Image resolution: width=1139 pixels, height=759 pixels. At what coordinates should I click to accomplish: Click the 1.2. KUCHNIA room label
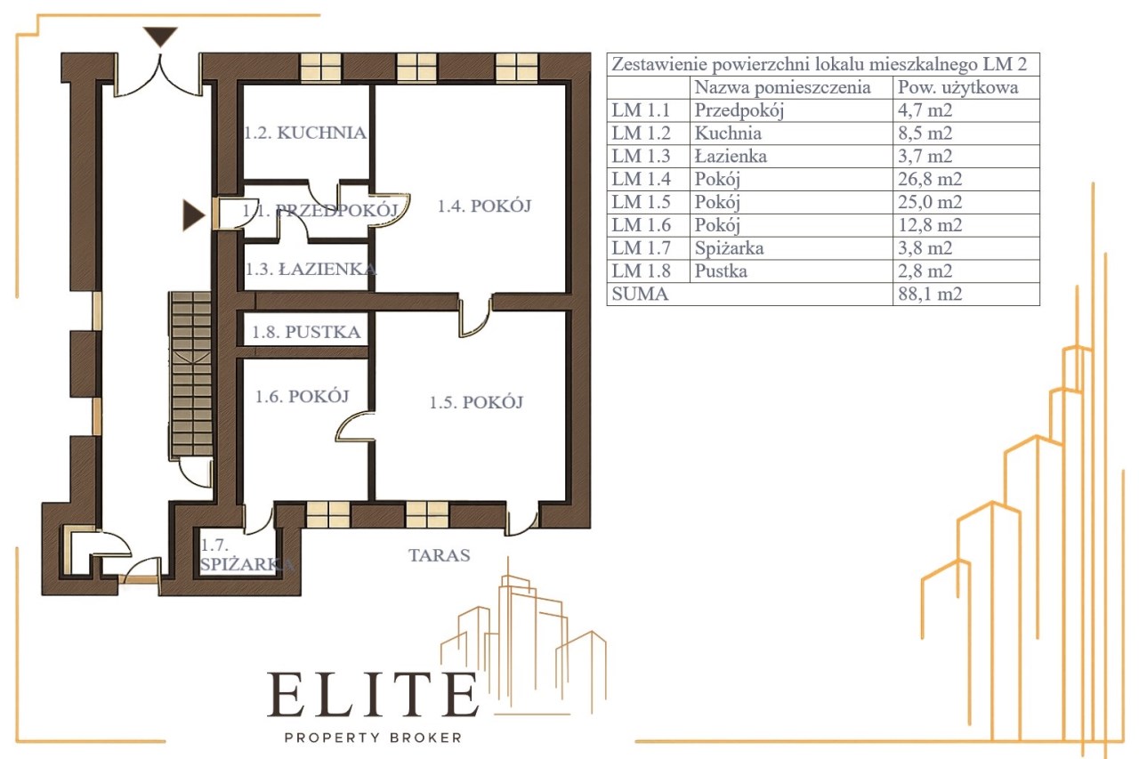(305, 133)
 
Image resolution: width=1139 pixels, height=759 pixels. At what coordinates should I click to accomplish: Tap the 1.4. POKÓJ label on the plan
(484, 206)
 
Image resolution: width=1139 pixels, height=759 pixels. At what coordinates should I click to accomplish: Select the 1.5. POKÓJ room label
(476, 402)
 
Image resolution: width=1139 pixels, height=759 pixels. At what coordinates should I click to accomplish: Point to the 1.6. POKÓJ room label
(302, 396)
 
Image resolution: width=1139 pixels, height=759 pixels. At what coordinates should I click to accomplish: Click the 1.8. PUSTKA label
(306, 332)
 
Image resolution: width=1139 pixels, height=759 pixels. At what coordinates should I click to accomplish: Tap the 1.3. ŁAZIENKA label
(311, 269)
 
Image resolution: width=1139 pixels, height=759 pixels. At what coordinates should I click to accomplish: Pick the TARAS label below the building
(440, 555)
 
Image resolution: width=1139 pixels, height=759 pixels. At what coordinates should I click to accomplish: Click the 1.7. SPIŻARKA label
(246, 554)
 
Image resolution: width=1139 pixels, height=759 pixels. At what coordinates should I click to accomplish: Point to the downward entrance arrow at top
(160, 36)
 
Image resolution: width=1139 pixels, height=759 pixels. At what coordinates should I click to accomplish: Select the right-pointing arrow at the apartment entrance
(194, 215)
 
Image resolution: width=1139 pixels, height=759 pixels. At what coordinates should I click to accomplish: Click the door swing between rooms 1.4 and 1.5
(475, 318)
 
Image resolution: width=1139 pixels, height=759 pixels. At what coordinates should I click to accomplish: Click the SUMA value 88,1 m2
(930, 294)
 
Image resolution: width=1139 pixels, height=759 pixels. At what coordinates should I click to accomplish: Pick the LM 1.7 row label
(642, 248)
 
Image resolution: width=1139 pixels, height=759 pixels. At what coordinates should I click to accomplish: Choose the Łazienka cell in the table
(731, 156)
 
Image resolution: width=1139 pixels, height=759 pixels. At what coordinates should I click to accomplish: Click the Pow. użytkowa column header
(958, 87)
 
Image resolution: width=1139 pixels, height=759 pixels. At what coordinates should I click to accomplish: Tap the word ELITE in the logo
(373, 694)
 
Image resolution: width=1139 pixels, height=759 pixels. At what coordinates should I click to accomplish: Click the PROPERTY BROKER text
(373, 737)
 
